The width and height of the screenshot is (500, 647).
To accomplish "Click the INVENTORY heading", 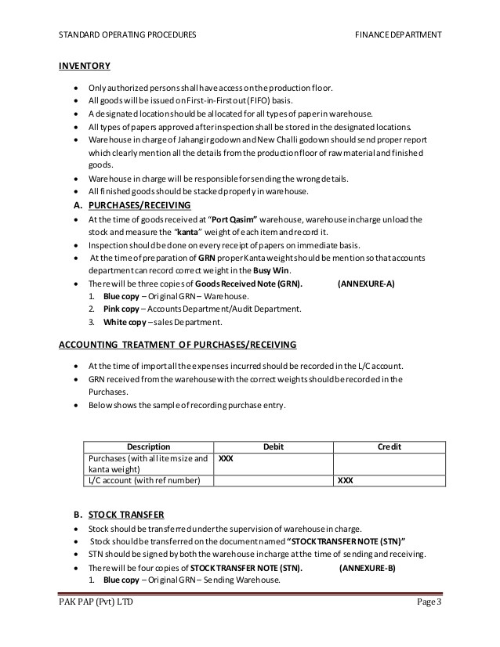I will click(x=85, y=65).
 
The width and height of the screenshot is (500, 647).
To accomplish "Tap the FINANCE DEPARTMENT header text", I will click(x=397, y=35).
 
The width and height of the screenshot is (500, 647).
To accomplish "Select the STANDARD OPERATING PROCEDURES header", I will click(x=127, y=35).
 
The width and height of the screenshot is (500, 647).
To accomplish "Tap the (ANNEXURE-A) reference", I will click(x=366, y=284).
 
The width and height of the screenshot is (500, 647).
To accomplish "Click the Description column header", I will click(x=148, y=446).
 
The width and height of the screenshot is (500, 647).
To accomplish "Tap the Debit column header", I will click(x=273, y=446).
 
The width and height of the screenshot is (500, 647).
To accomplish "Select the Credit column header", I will click(x=389, y=446).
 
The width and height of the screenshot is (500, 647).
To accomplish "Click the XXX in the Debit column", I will click(x=226, y=458).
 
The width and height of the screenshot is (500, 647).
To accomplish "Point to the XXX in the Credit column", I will click(x=345, y=481).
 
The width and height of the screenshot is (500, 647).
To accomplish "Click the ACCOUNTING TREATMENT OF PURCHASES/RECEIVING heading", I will click(x=178, y=345).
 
